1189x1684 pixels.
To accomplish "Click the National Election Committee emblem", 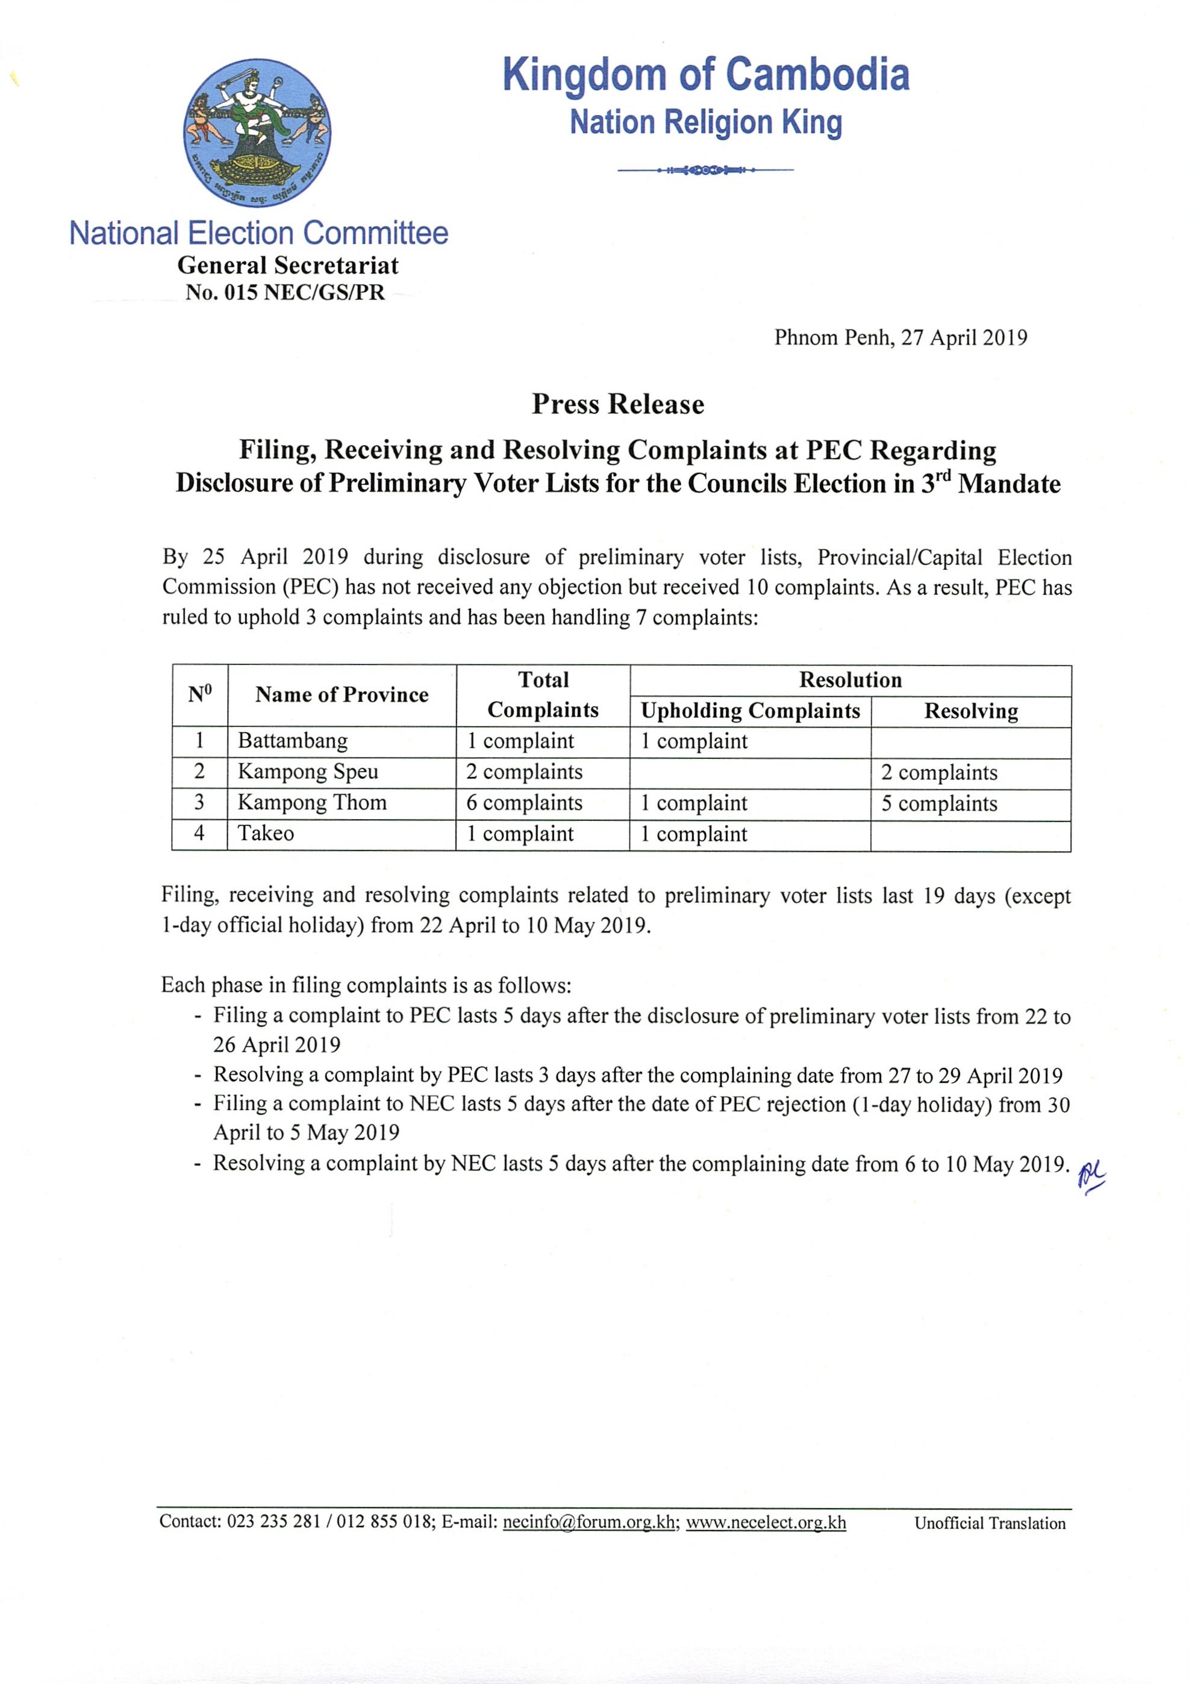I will click(x=257, y=133).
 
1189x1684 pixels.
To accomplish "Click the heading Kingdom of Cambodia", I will click(x=705, y=75).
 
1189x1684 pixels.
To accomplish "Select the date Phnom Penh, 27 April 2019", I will click(x=900, y=337).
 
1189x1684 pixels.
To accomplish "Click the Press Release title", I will click(x=617, y=404).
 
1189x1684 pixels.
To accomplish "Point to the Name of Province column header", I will click(x=342, y=694).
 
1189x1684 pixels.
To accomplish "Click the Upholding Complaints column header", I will click(x=750, y=711).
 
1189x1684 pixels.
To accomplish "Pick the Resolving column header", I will click(x=970, y=711).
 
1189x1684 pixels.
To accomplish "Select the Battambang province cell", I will click(x=293, y=741).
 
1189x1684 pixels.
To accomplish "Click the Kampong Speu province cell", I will click(x=308, y=772).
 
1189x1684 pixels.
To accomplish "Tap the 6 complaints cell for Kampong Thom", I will click(x=525, y=802).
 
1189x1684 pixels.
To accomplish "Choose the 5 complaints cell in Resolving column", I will click(x=939, y=804).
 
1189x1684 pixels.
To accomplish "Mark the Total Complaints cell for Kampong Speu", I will click(x=525, y=772).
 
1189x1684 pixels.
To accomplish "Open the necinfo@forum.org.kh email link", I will click(x=588, y=1522).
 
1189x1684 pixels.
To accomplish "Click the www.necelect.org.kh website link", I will click(x=766, y=1522).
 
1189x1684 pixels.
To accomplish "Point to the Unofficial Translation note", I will click(x=990, y=1523).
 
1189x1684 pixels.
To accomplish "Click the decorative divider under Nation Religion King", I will click(x=705, y=171).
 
